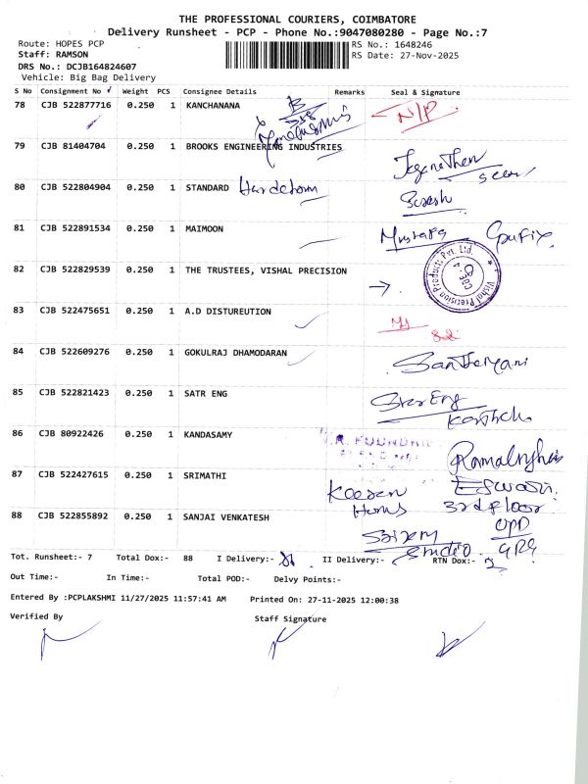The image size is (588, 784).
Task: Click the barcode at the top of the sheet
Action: (x=287, y=55)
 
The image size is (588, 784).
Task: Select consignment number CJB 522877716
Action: (x=75, y=104)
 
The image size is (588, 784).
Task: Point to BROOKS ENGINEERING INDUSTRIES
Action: (x=264, y=146)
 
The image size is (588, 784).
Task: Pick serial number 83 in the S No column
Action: (x=19, y=311)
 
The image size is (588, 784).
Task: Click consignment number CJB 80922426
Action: (x=73, y=433)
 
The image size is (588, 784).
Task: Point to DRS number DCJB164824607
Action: (x=101, y=66)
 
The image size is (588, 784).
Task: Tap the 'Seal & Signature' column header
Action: (x=425, y=91)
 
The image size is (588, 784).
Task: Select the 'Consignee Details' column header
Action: (x=220, y=91)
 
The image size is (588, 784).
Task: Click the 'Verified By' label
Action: (x=36, y=616)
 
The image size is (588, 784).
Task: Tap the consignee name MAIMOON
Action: (x=204, y=228)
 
